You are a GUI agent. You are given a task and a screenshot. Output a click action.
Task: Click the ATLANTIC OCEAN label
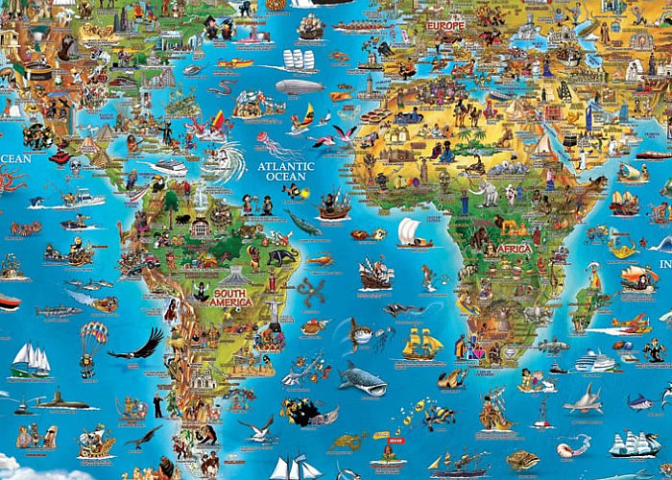pos(285,171)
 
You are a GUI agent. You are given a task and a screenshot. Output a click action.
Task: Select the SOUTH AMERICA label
pos(231,298)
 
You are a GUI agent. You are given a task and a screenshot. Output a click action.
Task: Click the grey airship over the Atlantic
pos(299,87)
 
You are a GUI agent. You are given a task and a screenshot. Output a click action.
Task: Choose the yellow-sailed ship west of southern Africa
pos(421,344)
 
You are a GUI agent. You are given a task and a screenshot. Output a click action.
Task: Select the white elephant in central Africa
pos(491,195)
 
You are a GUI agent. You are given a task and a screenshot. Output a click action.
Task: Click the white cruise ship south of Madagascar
pos(594,361)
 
